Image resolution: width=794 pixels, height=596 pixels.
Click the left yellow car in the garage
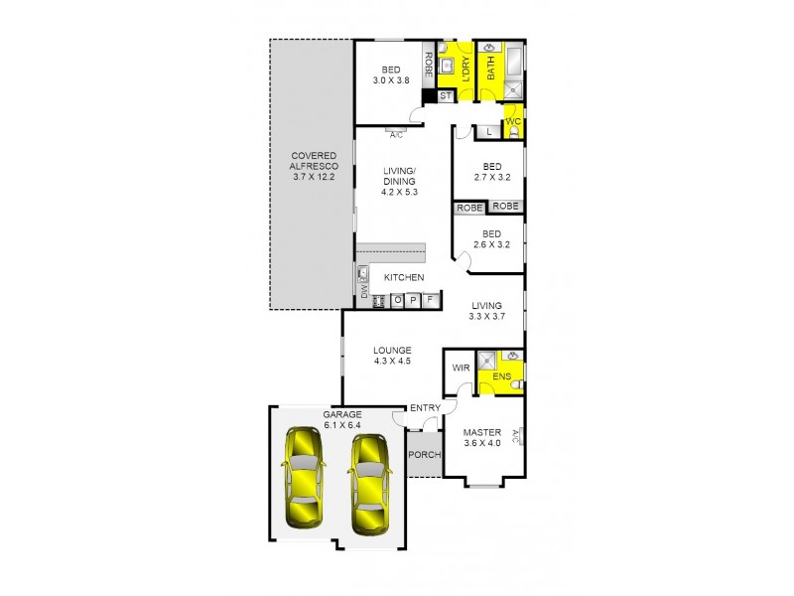tap(303, 478)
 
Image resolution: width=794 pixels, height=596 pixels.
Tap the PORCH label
tap(424, 455)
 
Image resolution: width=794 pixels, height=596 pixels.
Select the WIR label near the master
tap(460, 368)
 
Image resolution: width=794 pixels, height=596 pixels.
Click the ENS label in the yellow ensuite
tap(501, 376)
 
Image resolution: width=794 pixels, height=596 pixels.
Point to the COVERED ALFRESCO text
tap(314, 166)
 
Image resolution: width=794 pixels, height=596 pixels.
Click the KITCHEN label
tap(404, 277)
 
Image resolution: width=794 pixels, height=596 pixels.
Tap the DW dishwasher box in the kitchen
tap(363, 291)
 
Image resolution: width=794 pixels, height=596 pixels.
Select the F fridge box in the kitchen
tap(431, 300)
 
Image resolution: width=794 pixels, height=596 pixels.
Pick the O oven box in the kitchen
tap(396, 300)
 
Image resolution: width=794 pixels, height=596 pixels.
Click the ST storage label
tap(445, 96)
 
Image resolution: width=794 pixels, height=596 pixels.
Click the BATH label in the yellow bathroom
tap(490, 68)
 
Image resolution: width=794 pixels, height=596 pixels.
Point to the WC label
tap(513, 121)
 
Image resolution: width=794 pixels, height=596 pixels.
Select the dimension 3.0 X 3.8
tap(391, 80)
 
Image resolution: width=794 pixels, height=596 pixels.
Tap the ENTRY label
tap(425, 408)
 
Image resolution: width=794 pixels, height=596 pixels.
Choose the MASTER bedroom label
tap(482, 432)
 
